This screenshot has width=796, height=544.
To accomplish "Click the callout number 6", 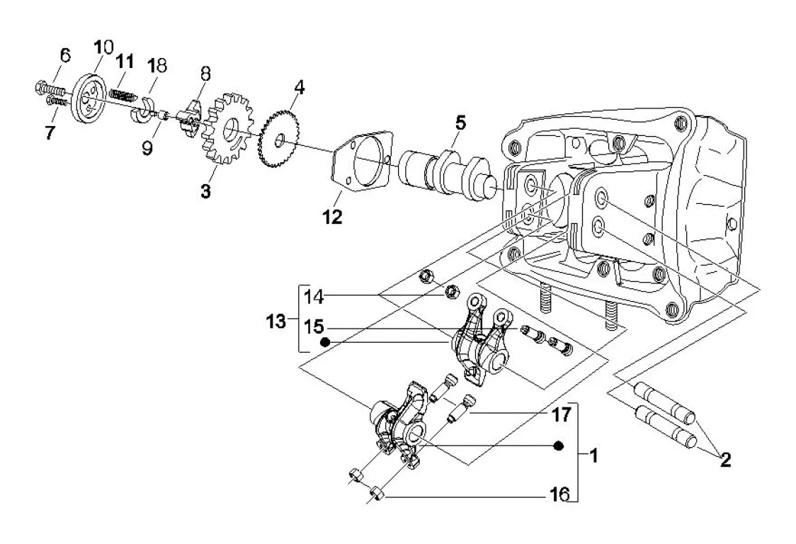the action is (x=65, y=55).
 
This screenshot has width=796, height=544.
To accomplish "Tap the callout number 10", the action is (x=103, y=47).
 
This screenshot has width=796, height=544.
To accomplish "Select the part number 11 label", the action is (x=125, y=62).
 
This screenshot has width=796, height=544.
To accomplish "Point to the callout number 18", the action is (x=157, y=66).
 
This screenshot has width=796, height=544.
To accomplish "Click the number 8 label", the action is (x=205, y=74).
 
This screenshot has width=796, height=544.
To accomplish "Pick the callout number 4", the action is (x=300, y=87).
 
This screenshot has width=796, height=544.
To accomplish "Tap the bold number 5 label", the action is (x=460, y=123).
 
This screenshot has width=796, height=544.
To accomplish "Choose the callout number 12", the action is (x=333, y=217).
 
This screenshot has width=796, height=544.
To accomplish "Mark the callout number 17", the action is (x=562, y=414).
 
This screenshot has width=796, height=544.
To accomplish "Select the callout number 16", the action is (x=560, y=494).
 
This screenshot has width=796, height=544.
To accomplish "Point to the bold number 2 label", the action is (x=725, y=460).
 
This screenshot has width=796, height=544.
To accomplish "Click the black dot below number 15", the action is (x=325, y=342).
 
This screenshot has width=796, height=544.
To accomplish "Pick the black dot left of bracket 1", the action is (x=559, y=446).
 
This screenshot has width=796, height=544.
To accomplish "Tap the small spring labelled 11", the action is (x=123, y=94).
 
